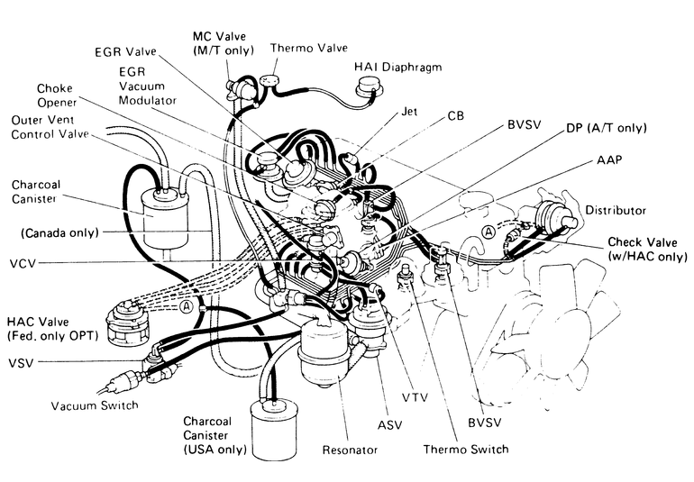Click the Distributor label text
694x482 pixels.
point(616,210)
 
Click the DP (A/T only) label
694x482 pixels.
point(606,128)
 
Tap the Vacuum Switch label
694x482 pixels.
point(95,405)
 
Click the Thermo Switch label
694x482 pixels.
point(466,449)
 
